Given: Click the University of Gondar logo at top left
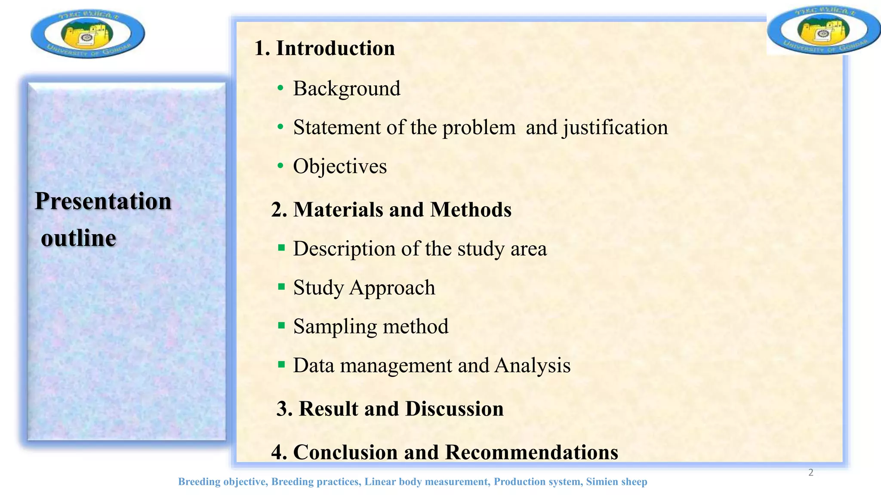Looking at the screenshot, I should point(88,34).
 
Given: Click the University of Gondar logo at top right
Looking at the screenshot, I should point(823,30).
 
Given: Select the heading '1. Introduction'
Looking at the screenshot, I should point(324,48).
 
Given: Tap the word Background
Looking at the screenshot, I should point(347,89).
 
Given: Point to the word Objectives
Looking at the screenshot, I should point(340,166).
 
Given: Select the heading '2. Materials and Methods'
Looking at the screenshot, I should point(391,210).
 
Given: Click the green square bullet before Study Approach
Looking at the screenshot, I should point(281,287).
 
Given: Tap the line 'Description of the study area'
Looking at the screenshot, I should point(420,249).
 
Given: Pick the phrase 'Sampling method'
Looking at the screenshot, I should point(371,326).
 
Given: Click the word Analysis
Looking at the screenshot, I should point(533,366).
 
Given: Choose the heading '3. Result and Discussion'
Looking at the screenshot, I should point(390,409).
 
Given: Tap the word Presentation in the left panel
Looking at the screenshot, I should point(103,201).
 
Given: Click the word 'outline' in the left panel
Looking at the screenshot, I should point(79,238).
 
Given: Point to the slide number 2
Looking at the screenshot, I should point(811,473).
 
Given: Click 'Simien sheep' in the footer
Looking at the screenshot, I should point(616,482).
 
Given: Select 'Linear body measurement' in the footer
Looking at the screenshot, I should point(427,482).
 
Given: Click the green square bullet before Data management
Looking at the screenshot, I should point(281,365).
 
